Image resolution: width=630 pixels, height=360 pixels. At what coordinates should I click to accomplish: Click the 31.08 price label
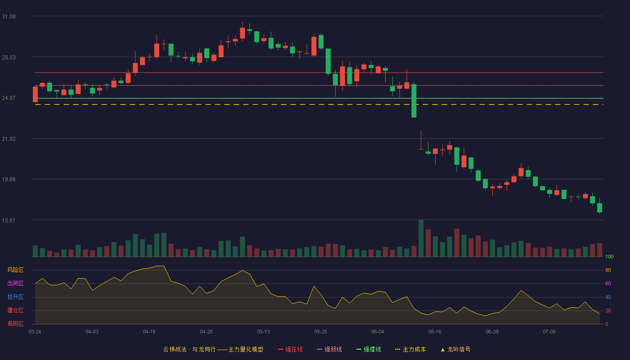(x=9, y=17)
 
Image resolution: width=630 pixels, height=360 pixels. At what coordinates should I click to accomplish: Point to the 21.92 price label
(x=9, y=139)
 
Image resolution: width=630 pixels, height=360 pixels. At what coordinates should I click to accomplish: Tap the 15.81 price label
(x=9, y=220)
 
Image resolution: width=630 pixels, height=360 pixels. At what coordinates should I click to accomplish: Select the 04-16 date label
(x=149, y=332)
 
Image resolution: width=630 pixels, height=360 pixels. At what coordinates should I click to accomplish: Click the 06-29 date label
(x=492, y=332)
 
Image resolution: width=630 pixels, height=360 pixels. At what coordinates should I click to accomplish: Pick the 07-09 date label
(x=549, y=332)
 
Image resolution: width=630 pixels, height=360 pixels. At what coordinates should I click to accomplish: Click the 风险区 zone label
(x=15, y=270)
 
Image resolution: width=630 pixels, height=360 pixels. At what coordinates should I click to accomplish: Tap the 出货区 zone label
(x=15, y=283)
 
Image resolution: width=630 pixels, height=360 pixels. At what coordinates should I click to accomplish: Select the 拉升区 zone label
(x=15, y=297)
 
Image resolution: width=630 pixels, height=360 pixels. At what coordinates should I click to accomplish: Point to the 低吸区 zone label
(x=15, y=324)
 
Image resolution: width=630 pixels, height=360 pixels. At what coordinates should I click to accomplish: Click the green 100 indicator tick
(x=609, y=256)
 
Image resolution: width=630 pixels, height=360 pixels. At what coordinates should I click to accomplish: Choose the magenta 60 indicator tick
(x=608, y=283)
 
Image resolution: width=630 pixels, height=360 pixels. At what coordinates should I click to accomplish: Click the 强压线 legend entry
(x=290, y=349)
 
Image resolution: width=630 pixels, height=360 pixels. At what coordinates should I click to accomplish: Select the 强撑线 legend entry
(x=369, y=349)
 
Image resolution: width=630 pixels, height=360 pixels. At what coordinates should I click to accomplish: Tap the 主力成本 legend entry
(x=410, y=349)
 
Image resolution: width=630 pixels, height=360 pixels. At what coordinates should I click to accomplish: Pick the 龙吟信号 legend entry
(x=455, y=349)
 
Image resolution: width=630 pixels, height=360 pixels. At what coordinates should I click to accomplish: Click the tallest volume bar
(x=421, y=238)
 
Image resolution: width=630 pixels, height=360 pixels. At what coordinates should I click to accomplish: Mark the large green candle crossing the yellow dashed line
(x=414, y=101)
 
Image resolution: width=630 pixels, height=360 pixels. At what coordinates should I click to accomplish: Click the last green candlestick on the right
(x=599, y=207)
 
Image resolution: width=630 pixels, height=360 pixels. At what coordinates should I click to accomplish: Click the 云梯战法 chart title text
(x=175, y=349)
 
